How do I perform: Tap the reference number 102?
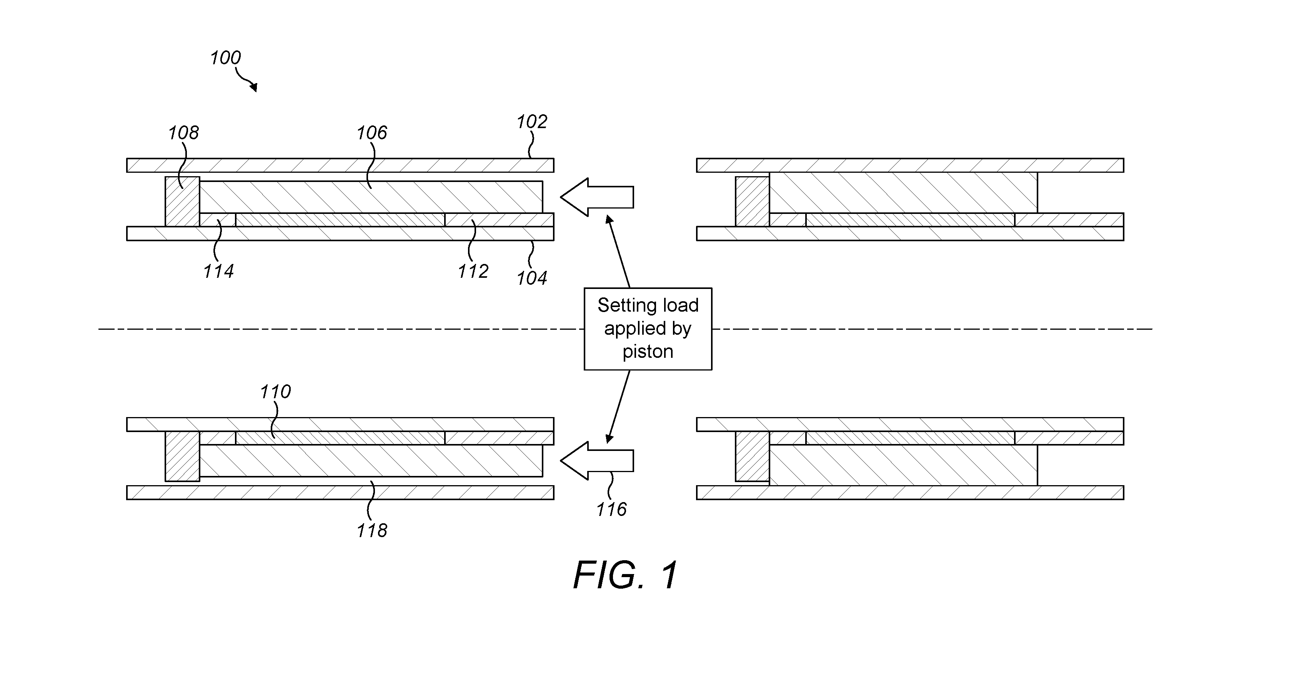(531, 122)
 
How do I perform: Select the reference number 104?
(531, 278)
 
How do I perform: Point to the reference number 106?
(371, 133)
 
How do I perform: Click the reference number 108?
(183, 133)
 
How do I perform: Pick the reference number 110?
(275, 392)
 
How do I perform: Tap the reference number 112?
(473, 272)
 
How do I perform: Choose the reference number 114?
(218, 272)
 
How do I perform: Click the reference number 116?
(611, 509)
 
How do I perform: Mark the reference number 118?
(371, 531)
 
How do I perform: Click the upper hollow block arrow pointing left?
(597, 197)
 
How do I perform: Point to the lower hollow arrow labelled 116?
(597, 461)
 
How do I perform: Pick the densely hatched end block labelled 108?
(182, 201)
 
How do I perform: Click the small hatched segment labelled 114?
(218, 220)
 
